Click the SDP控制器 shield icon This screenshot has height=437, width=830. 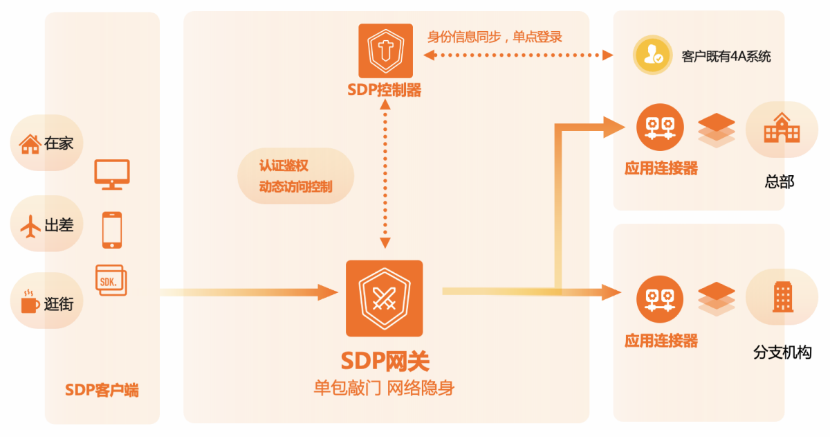(x=385, y=51)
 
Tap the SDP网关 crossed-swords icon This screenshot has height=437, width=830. (x=384, y=298)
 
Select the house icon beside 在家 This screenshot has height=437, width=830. (x=30, y=144)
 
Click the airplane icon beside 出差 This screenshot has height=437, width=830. (x=30, y=225)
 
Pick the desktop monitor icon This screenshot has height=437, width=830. (x=112, y=174)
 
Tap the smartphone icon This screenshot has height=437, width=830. (x=112, y=230)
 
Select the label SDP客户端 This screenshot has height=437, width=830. (x=102, y=391)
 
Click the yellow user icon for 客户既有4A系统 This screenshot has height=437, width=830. (x=652, y=55)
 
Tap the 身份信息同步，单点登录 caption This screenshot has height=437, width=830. (x=495, y=37)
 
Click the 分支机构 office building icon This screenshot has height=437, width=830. (x=782, y=296)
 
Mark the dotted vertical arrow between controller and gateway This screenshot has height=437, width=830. (x=385, y=173)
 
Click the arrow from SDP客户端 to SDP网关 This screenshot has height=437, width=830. (x=242, y=292)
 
